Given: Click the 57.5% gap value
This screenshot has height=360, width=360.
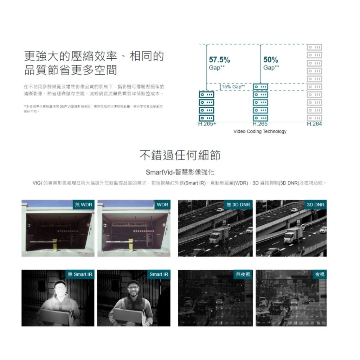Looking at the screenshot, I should click(x=219, y=60).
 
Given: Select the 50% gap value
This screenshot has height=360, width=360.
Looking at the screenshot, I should click(x=270, y=60).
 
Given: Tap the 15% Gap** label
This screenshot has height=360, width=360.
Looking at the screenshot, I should click(x=233, y=87).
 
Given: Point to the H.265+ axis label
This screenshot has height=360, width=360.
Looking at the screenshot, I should click(x=207, y=124).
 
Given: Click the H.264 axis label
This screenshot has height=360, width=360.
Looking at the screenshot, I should click(x=314, y=124).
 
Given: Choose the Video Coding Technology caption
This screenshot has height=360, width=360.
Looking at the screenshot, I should click(x=260, y=131).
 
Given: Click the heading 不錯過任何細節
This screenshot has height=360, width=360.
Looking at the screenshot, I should click(x=180, y=156).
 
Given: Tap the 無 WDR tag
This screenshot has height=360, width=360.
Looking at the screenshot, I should click(x=84, y=205).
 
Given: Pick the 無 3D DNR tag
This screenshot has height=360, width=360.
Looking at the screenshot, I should click(x=238, y=205).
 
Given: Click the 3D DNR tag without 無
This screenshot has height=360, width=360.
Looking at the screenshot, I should click(x=316, y=205).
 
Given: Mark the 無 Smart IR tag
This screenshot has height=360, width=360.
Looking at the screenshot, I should click(x=80, y=274).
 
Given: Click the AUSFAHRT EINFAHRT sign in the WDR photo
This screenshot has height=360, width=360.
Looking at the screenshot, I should click(x=129, y=225).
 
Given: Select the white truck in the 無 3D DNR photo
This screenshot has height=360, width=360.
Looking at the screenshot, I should click(x=219, y=235).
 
